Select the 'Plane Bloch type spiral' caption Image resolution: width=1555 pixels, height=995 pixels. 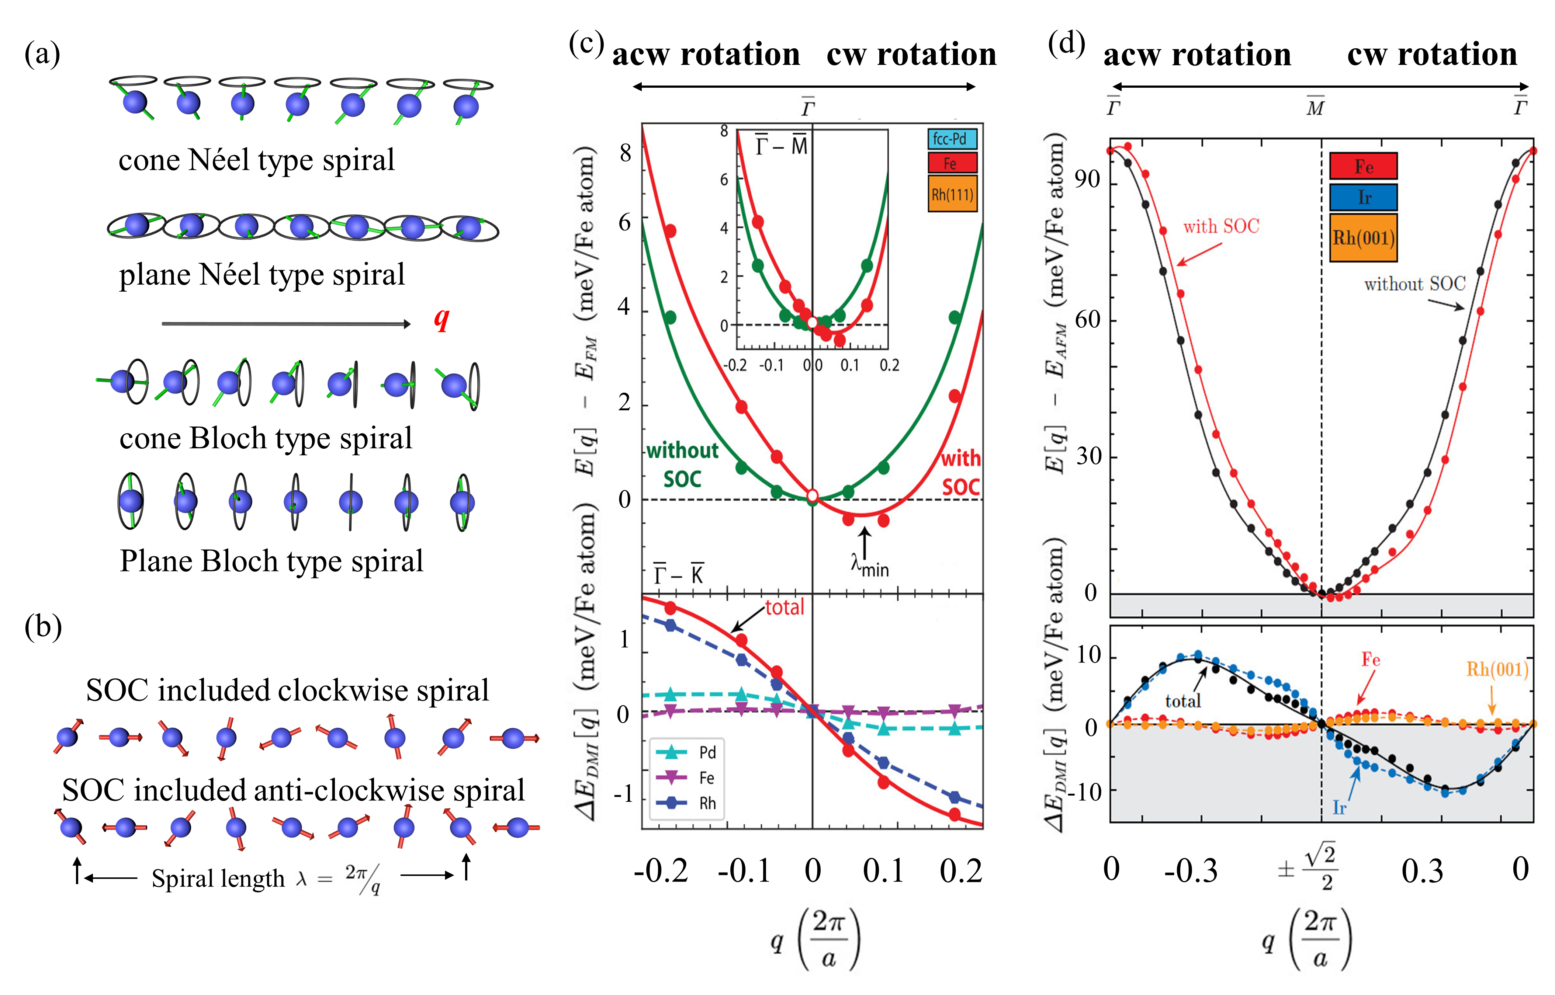click(271, 561)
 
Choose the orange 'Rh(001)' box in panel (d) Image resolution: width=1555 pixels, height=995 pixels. click(1363, 238)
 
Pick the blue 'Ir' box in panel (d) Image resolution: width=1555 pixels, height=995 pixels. click(1363, 197)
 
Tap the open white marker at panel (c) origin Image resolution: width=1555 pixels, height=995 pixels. click(813, 496)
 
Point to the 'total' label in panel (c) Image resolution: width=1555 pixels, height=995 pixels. click(785, 607)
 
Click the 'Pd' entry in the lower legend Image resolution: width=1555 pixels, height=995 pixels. click(707, 752)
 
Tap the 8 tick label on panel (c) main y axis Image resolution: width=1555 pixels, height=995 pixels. click(625, 153)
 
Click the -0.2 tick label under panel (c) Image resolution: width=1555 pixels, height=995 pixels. click(661, 871)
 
